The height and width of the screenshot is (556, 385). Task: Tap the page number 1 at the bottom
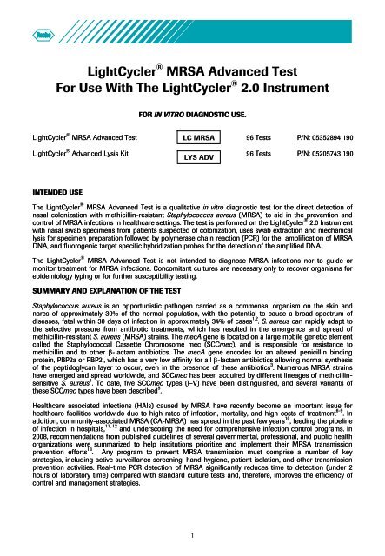point(192,535)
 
